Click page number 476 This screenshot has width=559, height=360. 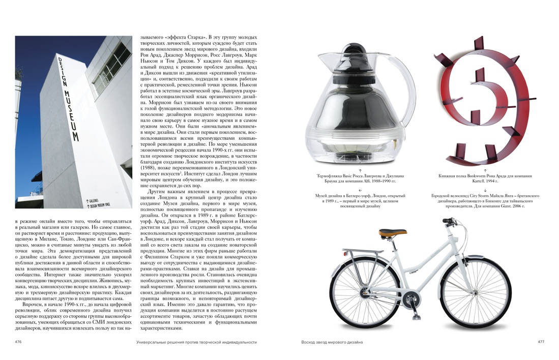[x=18, y=342]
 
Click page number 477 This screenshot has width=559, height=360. [x=541, y=342]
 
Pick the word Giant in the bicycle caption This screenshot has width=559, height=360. [x=508, y=206]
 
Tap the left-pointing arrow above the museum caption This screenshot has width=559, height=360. [x=360, y=189]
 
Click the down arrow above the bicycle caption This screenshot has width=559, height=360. [x=485, y=189]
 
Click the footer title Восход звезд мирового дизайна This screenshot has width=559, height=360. [x=332, y=342]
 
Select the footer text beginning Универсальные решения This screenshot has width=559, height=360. [x=196, y=342]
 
